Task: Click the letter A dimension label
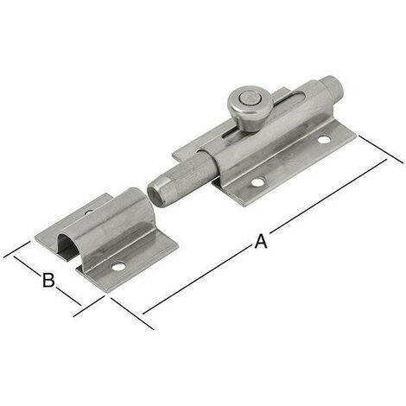[261, 241]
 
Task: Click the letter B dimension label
[48, 280]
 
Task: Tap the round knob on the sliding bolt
[251, 107]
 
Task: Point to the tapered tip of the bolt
[157, 193]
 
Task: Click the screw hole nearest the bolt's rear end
[324, 140]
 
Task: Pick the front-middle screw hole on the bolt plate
[257, 182]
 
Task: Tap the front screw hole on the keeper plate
[118, 267]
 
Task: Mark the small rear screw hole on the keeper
[89, 213]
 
